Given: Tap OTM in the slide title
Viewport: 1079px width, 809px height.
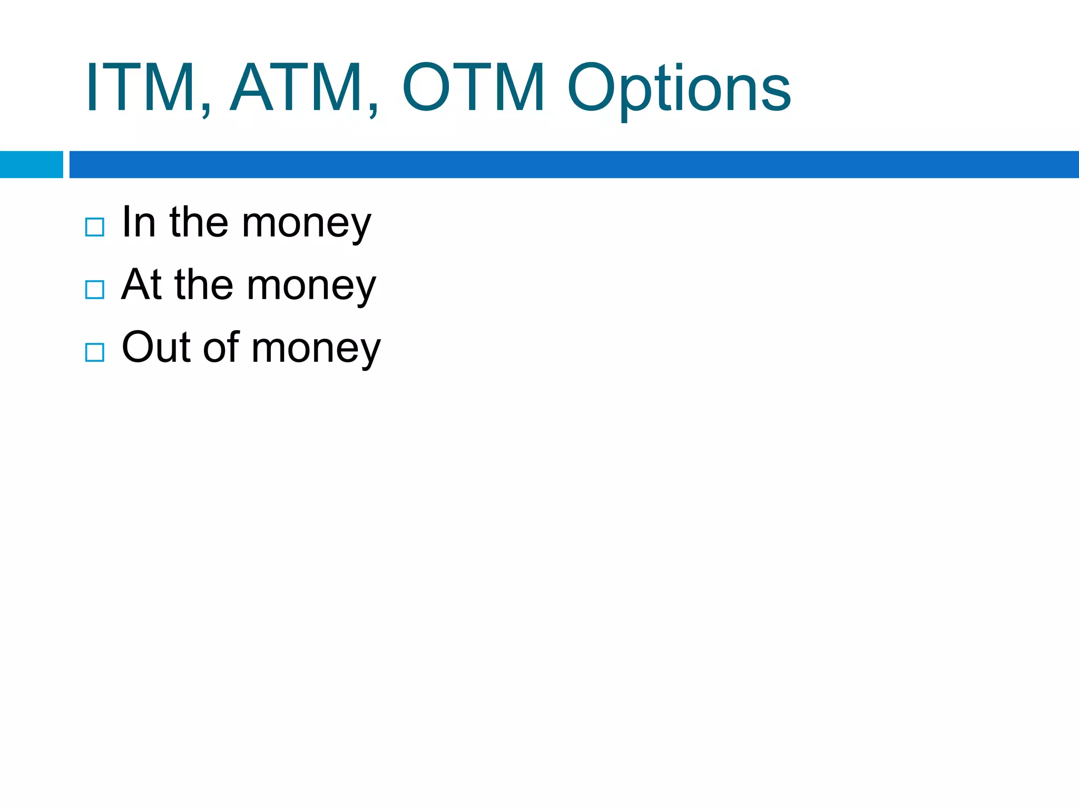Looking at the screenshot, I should tap(473, 87).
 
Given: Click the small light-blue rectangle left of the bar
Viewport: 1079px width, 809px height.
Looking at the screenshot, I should tap(31, 164).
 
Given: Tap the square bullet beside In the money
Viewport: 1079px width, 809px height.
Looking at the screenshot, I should tap(95, 227).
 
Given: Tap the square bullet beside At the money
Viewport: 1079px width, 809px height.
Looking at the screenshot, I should tap(95, 290).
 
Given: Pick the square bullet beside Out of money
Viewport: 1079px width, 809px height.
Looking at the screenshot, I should tap(95, 352).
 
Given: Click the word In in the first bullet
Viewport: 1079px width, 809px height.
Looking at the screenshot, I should tap(139, 222).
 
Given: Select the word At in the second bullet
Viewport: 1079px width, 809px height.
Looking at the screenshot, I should tap(141, 285).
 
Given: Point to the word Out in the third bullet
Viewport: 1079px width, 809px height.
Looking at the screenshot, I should tap(156, 348).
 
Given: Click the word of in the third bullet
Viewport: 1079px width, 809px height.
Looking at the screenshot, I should tap(221, 348).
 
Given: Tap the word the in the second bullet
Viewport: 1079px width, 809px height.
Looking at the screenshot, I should tap(203, 285).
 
